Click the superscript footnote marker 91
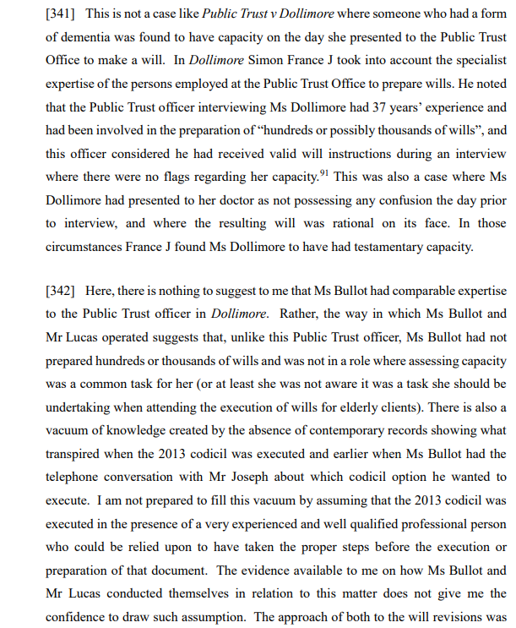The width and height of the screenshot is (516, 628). [323, 173]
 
